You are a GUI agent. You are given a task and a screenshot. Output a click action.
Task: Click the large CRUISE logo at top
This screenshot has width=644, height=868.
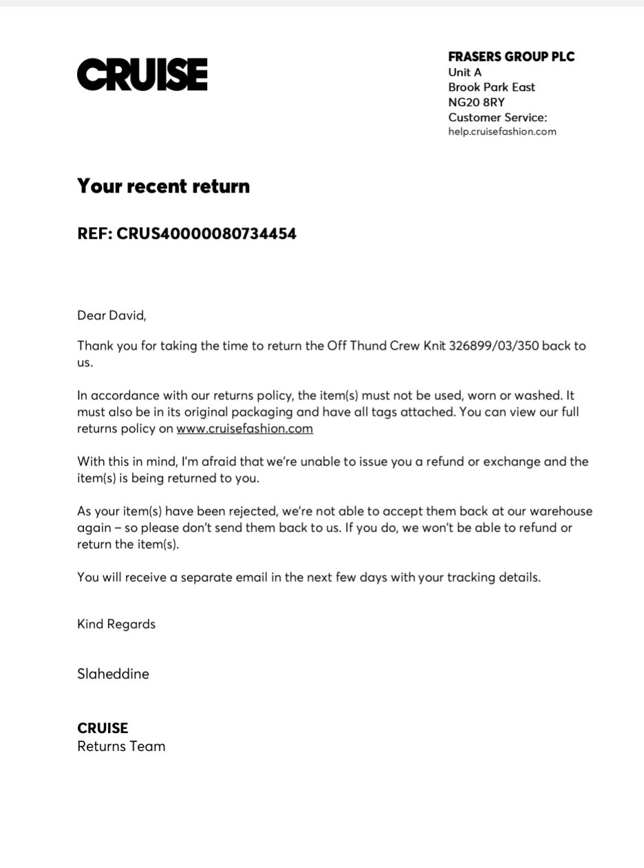pos(142,74)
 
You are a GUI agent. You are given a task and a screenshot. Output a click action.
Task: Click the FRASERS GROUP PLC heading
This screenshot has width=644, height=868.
pos(511,57)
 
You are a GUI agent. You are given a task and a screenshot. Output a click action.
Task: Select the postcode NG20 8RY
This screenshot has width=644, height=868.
pos(476,103)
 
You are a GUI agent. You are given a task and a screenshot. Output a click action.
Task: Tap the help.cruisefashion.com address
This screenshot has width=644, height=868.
pos(502,131)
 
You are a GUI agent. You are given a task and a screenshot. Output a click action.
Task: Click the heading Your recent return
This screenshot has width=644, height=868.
pos(163,186)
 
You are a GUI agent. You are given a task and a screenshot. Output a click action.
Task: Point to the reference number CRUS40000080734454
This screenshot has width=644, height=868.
pos(206,233)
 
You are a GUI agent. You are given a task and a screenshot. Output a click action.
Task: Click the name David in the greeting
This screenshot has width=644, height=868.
pos(126,316)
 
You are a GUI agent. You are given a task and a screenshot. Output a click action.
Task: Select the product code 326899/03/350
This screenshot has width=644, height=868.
pos(493,346)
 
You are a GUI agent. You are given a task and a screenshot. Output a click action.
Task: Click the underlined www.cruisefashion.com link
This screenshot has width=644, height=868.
pos(244,428)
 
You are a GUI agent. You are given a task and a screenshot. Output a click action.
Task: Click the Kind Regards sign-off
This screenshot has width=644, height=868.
pos(116,624)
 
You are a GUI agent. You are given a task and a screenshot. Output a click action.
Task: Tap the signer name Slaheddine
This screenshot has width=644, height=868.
pos(113,674)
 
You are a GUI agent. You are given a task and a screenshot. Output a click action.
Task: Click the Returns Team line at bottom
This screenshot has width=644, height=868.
pos(121,746)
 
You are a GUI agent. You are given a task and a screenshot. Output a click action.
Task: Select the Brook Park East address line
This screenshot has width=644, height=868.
pos(491,87)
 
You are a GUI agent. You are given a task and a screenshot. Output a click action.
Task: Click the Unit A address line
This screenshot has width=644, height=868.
pos(464,72)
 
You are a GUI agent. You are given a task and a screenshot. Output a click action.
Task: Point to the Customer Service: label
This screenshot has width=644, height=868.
pos(497,118)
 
